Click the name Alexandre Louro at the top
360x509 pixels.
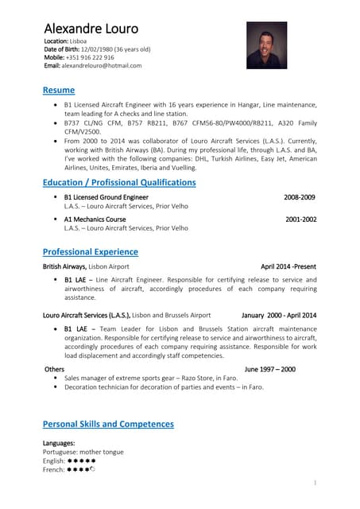click(x=91, y=29)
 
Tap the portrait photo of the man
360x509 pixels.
click(x=267, y=45)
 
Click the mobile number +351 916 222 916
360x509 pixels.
click(x=90, y=57)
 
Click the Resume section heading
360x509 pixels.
click(x=58, y=90)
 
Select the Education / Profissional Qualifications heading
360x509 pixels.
click(x=118, y=182)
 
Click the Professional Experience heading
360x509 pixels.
click(x=90, y=251)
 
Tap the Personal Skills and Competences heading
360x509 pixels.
click(x=107, y=424)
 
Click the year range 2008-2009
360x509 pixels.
click(x=300, y=196)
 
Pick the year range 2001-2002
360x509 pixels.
click(x=300, y=219)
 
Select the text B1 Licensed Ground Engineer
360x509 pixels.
click(x=106, y=196)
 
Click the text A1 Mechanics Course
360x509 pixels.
click(x=95, y=219)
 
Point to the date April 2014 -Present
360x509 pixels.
click(x=288, y=266)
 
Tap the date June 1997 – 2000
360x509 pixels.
click(x=269, y=369)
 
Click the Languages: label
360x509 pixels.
click(x=59, y=442)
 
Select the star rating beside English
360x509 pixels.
click(x=82, y=460)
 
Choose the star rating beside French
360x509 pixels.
click(x=82, y=469)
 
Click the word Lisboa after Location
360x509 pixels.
click(x=78, y=40)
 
